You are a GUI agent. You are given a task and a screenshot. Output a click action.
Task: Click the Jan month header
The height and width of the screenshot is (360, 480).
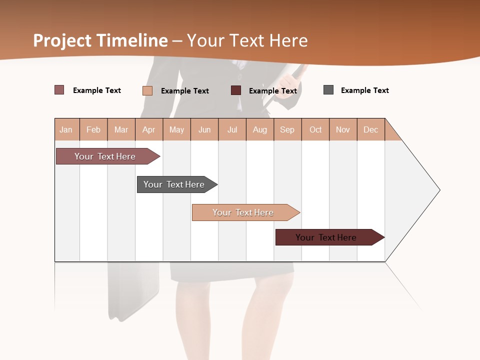pos(66,129)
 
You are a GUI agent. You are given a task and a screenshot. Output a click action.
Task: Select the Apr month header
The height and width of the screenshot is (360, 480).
pos(148,129)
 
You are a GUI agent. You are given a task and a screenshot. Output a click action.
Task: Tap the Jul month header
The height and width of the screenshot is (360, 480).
pos(232,129)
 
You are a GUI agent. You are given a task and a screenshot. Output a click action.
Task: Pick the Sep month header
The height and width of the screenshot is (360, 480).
pos(287,129)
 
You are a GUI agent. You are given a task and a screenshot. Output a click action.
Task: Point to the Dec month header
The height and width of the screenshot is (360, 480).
pos(370,129)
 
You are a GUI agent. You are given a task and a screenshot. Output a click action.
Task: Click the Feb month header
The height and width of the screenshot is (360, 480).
pos(93,129)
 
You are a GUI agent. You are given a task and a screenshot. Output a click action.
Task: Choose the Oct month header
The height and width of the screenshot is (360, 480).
pos(315,129)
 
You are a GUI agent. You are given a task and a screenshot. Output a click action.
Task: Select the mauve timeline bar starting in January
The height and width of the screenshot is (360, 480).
pos(105,156)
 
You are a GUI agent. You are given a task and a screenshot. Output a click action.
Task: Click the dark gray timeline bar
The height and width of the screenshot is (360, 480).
pos(174,184)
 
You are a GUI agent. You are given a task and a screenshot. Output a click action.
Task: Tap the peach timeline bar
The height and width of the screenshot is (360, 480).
pos(243,212)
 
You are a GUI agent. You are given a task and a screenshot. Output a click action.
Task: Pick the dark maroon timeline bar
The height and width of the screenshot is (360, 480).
pos(326,237)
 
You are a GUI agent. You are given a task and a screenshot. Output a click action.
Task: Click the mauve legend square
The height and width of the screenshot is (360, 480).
pos(59,90)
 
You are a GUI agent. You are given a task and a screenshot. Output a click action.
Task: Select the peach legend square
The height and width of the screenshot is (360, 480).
pos(147,90)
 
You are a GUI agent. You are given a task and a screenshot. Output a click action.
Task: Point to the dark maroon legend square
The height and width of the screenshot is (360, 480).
pos(236,90)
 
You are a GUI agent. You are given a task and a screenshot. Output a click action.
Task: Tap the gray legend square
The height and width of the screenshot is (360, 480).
pos(328,90)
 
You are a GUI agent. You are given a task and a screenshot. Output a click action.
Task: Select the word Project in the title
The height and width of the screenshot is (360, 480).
pos(62,40)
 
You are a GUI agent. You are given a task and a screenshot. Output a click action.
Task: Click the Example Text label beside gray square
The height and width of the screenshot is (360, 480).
pos(364,90)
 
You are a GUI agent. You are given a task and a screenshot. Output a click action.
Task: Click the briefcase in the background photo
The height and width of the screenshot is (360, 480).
pos(133,290)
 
